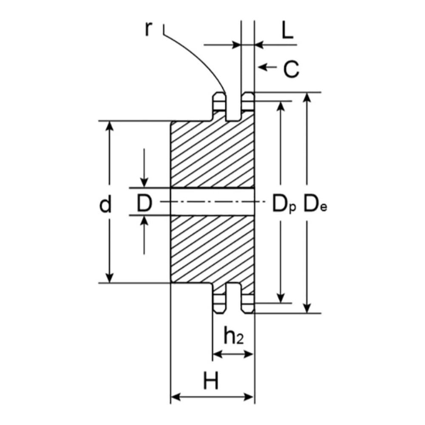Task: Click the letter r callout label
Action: click(148, 29)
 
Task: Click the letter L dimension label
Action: click(287, 30)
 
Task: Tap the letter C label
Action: click(291, 69)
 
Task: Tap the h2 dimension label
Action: click(233, 335)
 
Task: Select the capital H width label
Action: click(211, 380)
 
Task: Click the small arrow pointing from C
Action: click(267, 67)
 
